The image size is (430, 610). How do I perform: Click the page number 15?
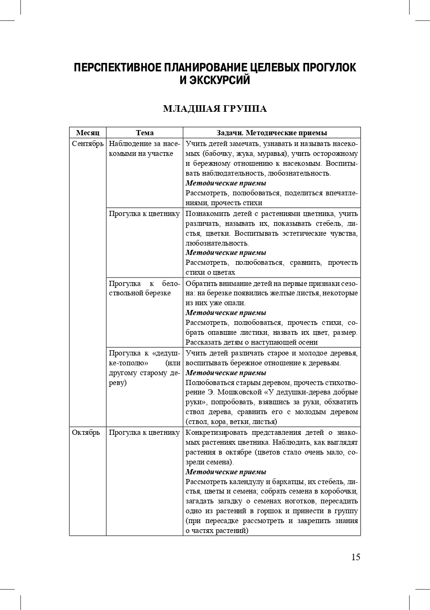356,557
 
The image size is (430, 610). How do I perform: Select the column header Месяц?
88,133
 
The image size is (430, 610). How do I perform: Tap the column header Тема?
145,133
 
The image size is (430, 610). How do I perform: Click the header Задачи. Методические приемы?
272,133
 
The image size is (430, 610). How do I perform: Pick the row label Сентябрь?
88,144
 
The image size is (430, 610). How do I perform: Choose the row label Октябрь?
86,432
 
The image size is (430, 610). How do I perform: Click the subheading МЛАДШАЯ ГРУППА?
215,109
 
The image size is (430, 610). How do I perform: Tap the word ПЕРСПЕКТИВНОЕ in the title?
117,68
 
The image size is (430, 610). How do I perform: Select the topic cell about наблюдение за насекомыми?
144,148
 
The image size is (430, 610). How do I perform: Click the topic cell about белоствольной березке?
144,288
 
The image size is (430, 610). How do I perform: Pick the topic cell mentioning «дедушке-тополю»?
144,368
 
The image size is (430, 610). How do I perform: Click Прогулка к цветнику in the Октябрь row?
144,432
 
